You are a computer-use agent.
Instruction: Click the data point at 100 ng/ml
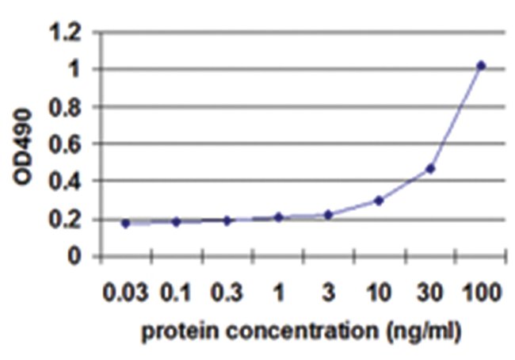click(481, 65)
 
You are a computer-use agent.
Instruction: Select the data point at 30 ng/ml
click(430, 168)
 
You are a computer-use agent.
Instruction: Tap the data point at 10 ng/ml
click(380, 200)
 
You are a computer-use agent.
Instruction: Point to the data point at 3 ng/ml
click(328, 214)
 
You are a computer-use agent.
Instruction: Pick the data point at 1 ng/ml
click(278, 216)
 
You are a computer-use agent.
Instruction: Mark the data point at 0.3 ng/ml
click(227, 220)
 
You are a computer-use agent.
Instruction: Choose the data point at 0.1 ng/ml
click(176, 222)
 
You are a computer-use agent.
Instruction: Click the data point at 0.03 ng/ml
click(125, 224)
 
